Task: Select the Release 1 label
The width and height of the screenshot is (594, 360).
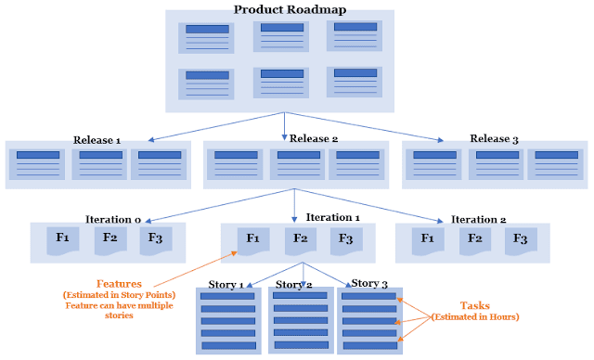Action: point(97,140)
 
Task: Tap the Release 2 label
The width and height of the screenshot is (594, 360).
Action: point(314,140)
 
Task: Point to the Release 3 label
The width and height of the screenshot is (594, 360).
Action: point(496,140)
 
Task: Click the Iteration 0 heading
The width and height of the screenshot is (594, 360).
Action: point(110,219)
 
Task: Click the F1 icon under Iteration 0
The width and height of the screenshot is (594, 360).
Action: point(62,238)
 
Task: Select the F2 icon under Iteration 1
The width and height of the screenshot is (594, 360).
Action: point(300,238)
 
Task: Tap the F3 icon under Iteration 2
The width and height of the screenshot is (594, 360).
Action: point(520,238)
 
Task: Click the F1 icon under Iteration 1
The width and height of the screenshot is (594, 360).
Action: point(253,238)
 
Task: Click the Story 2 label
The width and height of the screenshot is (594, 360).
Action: point(295,284)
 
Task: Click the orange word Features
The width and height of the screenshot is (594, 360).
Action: point(120,283)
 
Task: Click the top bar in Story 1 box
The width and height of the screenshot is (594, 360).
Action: point(227,296)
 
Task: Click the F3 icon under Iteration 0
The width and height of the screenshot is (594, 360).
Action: point(155,238)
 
